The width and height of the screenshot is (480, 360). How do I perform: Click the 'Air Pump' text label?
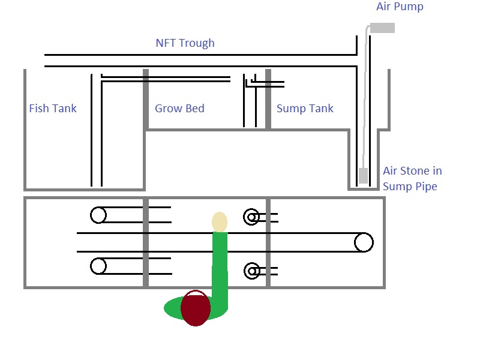tap(399, 7)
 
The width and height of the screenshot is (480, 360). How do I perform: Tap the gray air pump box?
tap(382, 28)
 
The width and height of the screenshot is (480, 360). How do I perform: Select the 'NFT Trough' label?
tap(185, 43)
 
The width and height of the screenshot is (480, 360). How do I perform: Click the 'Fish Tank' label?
tap(53, 109)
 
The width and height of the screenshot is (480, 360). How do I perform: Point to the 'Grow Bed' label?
tap(179, 109)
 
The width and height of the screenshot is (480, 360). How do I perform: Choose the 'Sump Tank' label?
tap(305, 109)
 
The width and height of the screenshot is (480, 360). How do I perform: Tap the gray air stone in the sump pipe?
tap(363, 176)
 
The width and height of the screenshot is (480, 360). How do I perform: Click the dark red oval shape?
tap(196, 308)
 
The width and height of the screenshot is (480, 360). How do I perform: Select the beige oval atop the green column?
tap(220, 221)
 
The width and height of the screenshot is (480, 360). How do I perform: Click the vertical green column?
tap(220, 264)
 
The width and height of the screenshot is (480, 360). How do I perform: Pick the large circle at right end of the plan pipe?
tap(363, 242)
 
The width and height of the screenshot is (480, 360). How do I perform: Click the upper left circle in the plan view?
tap(98, 215)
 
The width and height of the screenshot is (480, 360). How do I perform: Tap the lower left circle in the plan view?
tap(98, 266)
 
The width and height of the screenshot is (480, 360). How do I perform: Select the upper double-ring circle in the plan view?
tap(251, 217)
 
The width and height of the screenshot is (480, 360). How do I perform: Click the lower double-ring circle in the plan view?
tap(251, 271)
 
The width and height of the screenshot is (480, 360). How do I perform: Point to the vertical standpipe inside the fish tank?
tap(96, 132)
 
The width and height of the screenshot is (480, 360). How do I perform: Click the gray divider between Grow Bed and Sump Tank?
tap(268, 99)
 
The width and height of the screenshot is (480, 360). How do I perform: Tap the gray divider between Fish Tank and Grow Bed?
tap(145, 99)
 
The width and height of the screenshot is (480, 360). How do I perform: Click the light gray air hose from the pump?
tap(364, 90)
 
